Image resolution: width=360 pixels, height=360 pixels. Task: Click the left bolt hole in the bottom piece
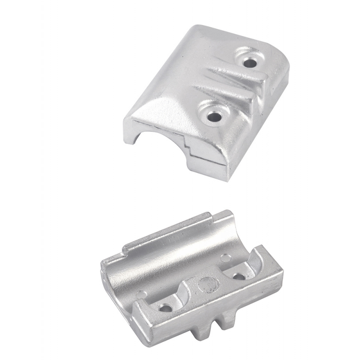(x=165, y=309)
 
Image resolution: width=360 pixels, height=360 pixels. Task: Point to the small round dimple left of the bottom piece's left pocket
(x=142, y=295)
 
